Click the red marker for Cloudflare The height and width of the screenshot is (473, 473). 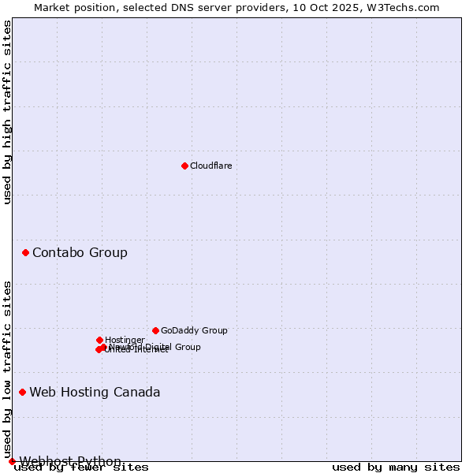[x=184, y=166]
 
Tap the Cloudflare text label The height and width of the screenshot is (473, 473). [x=211, y=166]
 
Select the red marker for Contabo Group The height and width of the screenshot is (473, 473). [x=26, y=252]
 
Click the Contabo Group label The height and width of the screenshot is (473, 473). [x=80, y=253]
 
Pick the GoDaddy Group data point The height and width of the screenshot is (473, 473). [x=155, y=330]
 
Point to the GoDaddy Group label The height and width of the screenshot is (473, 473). [x=194, y=331]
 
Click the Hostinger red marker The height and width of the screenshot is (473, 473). [x=99, y=340]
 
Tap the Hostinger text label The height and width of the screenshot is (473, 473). [x=125, y=341]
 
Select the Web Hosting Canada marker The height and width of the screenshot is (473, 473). [x=22, y=392]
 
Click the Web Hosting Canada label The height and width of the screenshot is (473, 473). [x=95, y=393]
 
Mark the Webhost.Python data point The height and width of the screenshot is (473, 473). [x=12, y=461]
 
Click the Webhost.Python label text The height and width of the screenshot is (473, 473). [x=70, y=462]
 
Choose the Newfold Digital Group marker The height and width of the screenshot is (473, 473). [x=103, y=347]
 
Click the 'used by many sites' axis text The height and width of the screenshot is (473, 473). [x=396, y=467]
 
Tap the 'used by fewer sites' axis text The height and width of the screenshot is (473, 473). [x=81, y=467]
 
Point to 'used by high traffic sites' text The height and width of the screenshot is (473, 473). [x=8, y=112]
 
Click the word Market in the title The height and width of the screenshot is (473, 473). [x=54, y=7]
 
